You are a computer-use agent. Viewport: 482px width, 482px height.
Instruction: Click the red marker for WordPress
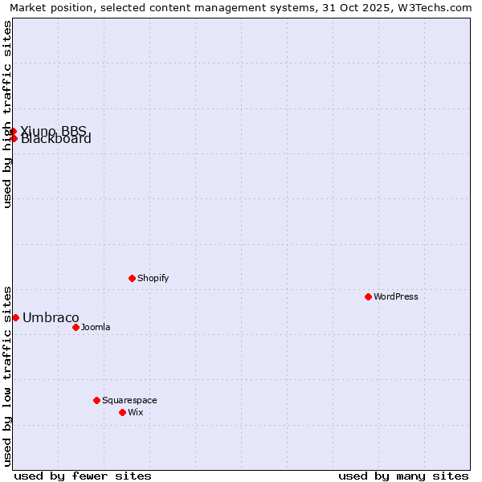[368, 296]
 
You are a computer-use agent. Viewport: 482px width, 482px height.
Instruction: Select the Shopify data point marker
[132, 278]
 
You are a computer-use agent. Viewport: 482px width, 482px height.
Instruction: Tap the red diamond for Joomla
[76, 327]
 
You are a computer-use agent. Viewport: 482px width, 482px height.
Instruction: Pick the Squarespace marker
[96, 400]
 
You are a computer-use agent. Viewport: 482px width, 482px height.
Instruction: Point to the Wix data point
[122, 412]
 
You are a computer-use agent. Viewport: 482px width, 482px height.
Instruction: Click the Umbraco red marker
[15, 317]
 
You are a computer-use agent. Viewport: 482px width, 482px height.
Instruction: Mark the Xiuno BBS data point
[14, 131]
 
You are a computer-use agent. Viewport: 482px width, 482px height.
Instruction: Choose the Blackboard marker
[14, 138]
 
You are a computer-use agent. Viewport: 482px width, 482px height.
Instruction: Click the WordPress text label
[396, 296]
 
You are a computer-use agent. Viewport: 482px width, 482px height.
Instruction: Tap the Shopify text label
[153, 278]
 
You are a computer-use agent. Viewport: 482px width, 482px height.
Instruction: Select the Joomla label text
[96, 327]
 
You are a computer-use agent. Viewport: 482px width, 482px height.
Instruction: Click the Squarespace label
[129, 400]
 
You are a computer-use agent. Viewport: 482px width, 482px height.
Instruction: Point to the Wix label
[135, 412]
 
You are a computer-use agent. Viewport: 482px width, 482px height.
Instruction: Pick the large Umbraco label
[51, 317]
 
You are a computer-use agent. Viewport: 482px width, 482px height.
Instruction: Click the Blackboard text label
[56, 139]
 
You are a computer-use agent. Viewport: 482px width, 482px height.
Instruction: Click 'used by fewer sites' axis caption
[83, 476]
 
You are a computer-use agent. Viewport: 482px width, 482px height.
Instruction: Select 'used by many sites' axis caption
[403, 476]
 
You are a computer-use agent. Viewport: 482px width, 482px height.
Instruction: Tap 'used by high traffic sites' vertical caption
[7, 114]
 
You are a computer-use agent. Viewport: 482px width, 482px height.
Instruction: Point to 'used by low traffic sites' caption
[7, 375]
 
